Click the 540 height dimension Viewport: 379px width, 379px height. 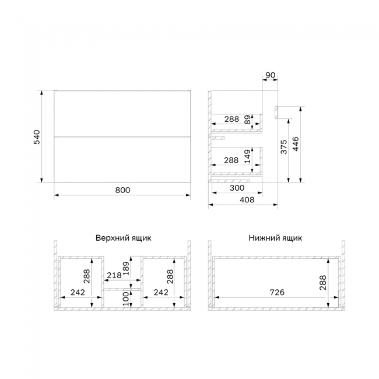point(37,137)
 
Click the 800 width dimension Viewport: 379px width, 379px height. point(122,190)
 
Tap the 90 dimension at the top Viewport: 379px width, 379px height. point(270,75)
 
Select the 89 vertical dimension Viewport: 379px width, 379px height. point(248,120)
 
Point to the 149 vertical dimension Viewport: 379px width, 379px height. point(248,156)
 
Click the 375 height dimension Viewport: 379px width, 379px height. point(284,147)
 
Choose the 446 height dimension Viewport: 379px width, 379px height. point(296,144)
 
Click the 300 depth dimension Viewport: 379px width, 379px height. point(237,188)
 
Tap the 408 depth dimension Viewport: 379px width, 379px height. point(247,200)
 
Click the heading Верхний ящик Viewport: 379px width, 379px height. point(123,238)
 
